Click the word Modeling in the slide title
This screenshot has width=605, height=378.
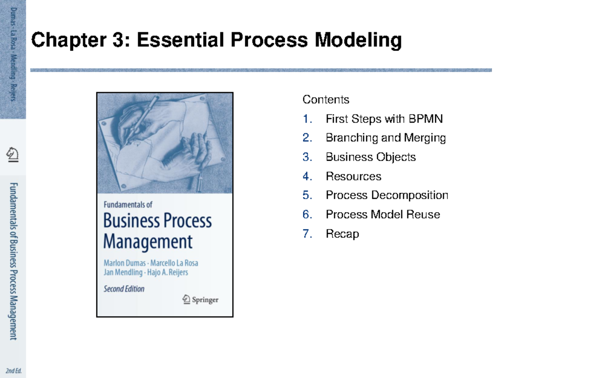click(x=358, y=40)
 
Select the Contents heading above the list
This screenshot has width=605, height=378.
click(x=326, y=100)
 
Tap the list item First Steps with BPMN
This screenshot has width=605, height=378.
click(x=384, y=119)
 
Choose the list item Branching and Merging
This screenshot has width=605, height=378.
click(x=386, y=138)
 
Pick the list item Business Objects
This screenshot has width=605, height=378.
click(x=371, y=157)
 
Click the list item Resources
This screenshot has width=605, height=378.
click(x=353, y=176)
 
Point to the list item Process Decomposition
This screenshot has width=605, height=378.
click(x=387, y=195)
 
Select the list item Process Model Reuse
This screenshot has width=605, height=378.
click(x=383, y=214)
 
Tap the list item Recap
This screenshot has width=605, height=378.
click(x=342, y=233)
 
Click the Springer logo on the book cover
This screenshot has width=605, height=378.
click(x=200, y=299)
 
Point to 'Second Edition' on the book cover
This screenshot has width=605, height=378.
click(x=124, y=289)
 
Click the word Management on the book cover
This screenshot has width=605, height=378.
click(x=148, y=241)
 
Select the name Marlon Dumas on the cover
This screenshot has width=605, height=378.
click(x=124, y=263)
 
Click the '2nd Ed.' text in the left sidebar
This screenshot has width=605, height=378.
click(x=14, y=371)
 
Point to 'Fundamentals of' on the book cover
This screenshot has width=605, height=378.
click(x=128, y=205)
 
